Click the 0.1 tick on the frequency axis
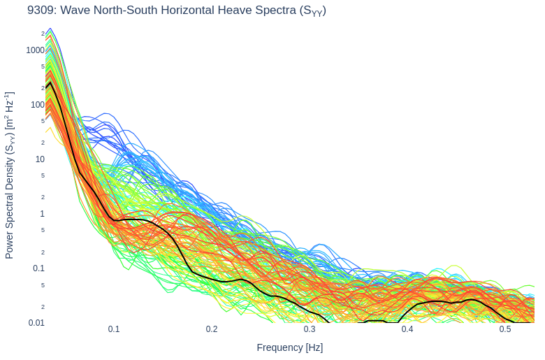[x=114, y=329]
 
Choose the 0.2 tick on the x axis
[x=212, y=329]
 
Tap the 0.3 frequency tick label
[x=310, y=329]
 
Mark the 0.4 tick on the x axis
[x=407, y=329]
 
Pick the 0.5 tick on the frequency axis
[x=505, y=329]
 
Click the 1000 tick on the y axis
[x=35, y=50]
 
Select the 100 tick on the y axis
[x=37, y=105]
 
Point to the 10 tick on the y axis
[x=40, y=159]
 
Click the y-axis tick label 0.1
[x=38, y=268]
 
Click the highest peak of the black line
[x=50, y=82]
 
